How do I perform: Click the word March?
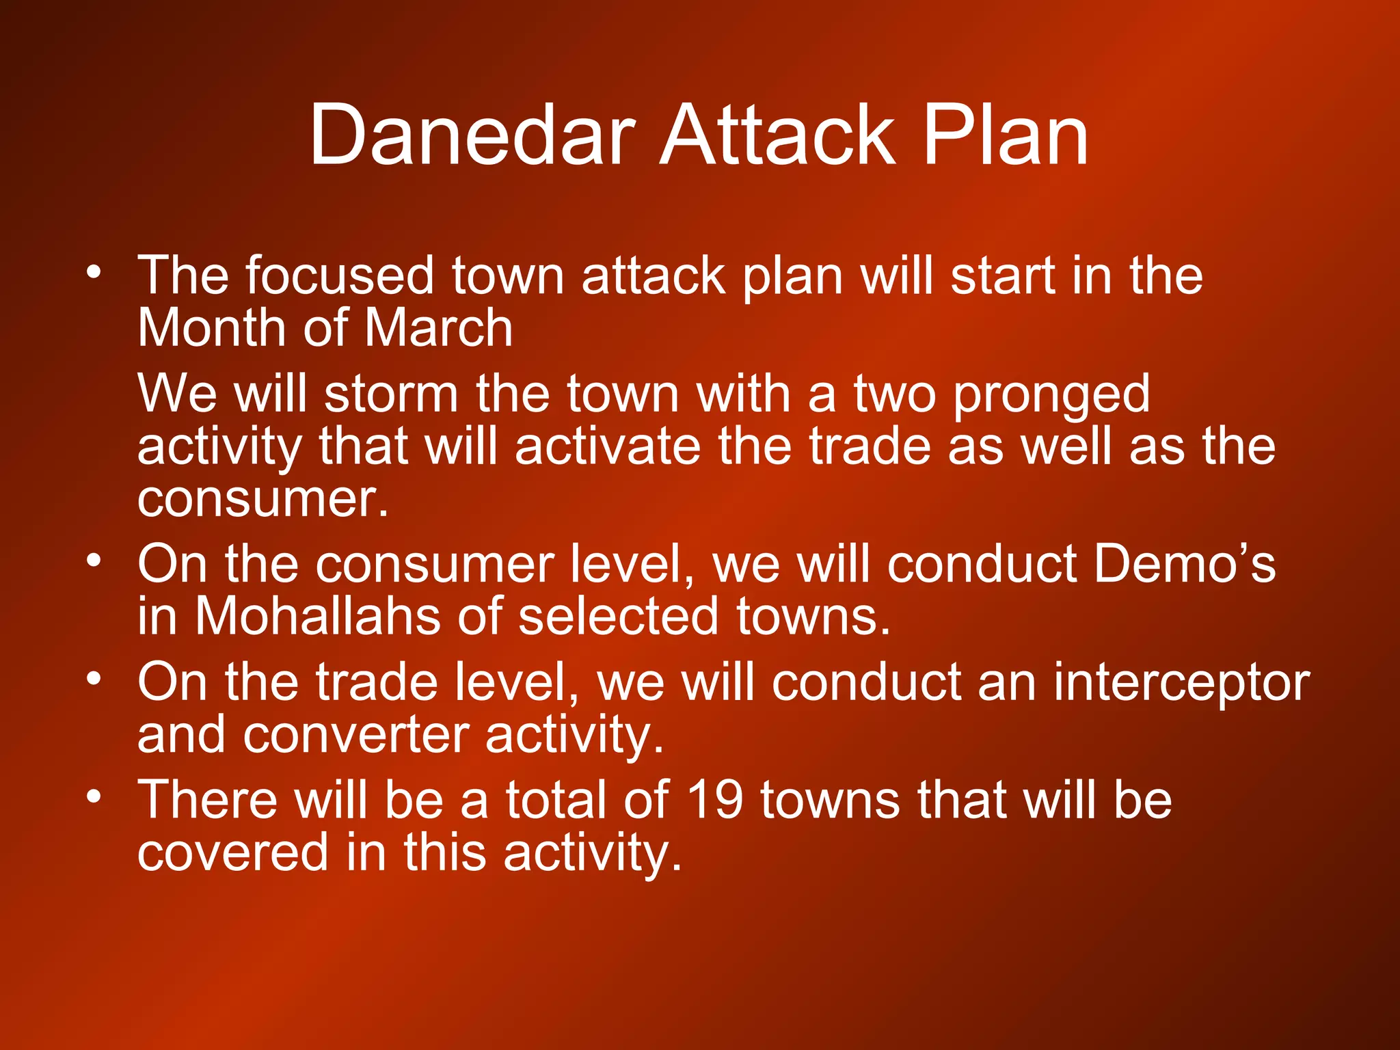click(x=438, y=327)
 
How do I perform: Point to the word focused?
click(x=340, y=275)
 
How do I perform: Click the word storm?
click(x=391, y=394)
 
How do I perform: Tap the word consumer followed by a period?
click(x=262, y=500)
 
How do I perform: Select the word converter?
click(x=355, y=735)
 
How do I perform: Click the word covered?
click(x=232, y=852)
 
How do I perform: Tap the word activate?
click(x=608, y=447)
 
